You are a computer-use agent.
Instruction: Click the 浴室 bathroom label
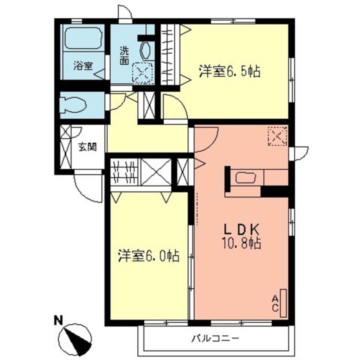coord(82,65)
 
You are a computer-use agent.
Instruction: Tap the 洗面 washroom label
coord(124,55)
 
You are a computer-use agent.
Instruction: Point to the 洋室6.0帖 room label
coord(148,256)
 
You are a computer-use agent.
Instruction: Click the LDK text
coord(240,230)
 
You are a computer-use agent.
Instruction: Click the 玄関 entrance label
coord(87,147)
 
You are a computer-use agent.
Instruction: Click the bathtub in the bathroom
coord(82,38)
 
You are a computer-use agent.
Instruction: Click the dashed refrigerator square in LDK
coord(276,135)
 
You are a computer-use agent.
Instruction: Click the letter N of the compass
coord(58,319)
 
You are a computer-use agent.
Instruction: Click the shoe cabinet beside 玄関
coord(65,147)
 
